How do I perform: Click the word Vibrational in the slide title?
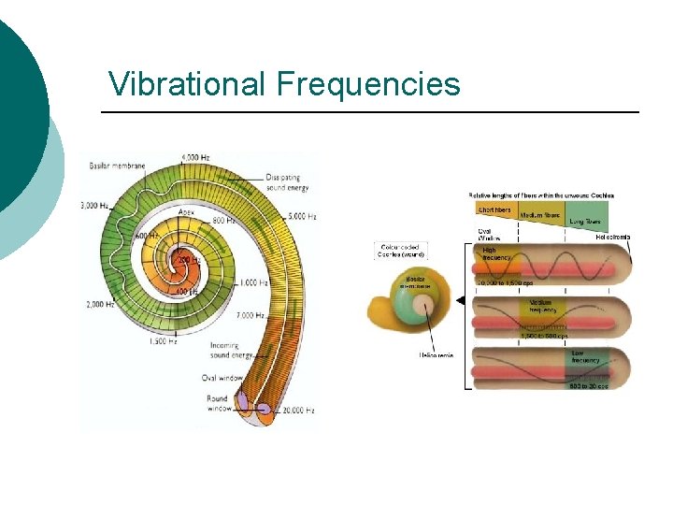click(x=188, y=84)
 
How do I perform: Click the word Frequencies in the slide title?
click(x=368, y=84)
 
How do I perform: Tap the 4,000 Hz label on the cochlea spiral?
click(x=195, y=157)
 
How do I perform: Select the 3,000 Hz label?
click(x=94, y=204)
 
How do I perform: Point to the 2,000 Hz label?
click(x=98, y=304)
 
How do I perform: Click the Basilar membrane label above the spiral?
click(x=117, y=166)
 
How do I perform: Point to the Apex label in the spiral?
click(x=187, y=212)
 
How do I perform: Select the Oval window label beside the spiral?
click(x=222, y=378)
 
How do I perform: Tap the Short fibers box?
click(x=495, y=210)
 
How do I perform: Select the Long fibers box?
click(x=585, y=222)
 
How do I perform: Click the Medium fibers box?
click(x=539, y=215)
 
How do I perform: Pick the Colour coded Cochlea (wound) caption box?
click(x=401, y=251)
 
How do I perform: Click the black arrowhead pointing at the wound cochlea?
click(x=461, y=300)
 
